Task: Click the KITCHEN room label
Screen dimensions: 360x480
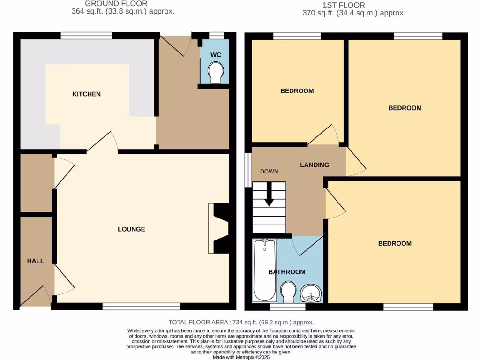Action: pyautogui.click(x=86, y=94)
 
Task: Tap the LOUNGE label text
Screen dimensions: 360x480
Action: pyautogui.click(x=131, y=229)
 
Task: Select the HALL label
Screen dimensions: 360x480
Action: pyautogui.click(x=36, y=261)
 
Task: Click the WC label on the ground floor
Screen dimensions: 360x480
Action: pyautogui.click(x=216, y=55)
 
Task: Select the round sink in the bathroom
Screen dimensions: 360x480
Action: pyautogui.click(x=310, y=293)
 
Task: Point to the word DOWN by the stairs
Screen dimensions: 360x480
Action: pyautogui.click(x=269, y=172)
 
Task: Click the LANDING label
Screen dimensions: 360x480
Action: pyautogui.click(x=315, y=165)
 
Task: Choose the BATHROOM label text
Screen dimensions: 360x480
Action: pyautogui.click(x=287, y=272)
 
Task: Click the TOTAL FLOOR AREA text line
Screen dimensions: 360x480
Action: pyautogui.click(x=241, y=322)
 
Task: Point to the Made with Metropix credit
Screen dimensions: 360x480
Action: pyautogui.click(x=241, y=357)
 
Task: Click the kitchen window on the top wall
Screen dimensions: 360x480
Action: pyautogui.click(x=87, y=35)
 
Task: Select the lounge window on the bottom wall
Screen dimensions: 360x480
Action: pyautogui.click(x=141, y=307)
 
